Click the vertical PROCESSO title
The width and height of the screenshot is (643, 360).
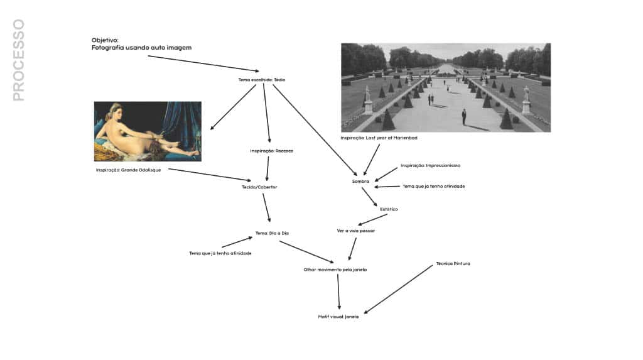(19, 60)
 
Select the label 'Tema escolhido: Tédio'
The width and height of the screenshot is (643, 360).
(262, 80)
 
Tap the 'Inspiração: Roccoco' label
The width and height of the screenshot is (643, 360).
(271, 151)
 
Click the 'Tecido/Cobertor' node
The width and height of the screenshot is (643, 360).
(259, 187)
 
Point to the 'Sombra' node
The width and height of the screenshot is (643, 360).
(360, 182)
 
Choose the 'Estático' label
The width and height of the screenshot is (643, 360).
(389, 209)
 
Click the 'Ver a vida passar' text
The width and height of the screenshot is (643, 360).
(356, 231)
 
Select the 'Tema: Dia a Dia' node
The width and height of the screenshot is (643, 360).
(272, 233)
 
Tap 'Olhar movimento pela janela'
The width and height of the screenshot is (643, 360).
(335, 270)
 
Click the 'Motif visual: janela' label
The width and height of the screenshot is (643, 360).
(338, 317)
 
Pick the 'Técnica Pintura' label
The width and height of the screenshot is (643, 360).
(453, 263)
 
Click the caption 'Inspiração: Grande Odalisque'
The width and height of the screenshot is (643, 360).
(128, 170)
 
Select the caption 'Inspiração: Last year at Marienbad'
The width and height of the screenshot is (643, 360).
(379, 138)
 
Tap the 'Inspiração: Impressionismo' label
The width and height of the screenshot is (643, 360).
(431, 165)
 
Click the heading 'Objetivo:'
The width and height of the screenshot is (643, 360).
(105, 40)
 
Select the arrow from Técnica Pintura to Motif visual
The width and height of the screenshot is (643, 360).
(398, 290)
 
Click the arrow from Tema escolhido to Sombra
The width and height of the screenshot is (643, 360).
(315, 130)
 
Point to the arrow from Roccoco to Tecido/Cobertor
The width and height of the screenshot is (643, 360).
(267, 169)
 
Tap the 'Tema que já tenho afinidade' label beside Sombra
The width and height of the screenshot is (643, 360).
(433, 187)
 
